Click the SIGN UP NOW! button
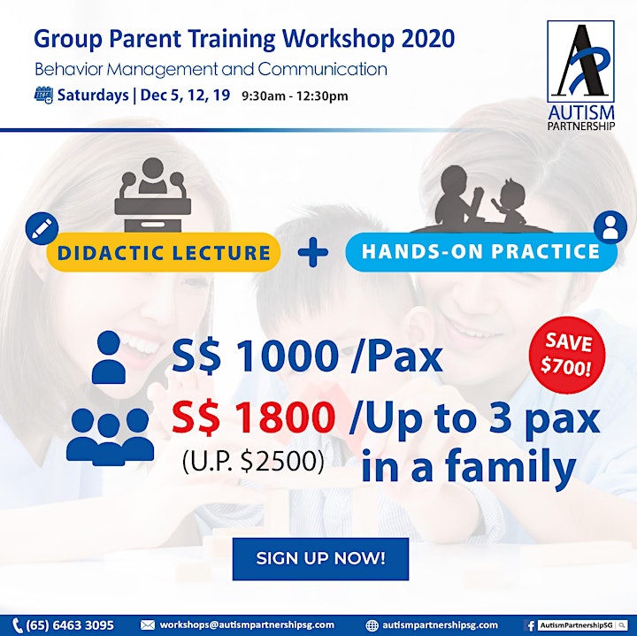point(320,559)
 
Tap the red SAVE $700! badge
point(567,355)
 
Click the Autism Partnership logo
point(581,75)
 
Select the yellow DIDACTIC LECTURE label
point(164,252)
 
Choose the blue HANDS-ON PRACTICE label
point(481,251)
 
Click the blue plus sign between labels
point(313,252)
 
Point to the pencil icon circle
point(42,228)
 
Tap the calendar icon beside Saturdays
point(43,96)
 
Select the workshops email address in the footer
point(247,625)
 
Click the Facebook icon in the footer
point(530,625)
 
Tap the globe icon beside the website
point(372,625)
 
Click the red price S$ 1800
point(254,418)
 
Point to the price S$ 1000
point(255,356)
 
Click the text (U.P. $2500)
point(254,462)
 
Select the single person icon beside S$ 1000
point(109,357)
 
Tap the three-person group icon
point(110,437)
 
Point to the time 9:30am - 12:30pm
point(295,96)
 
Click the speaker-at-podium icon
point(153,195)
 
